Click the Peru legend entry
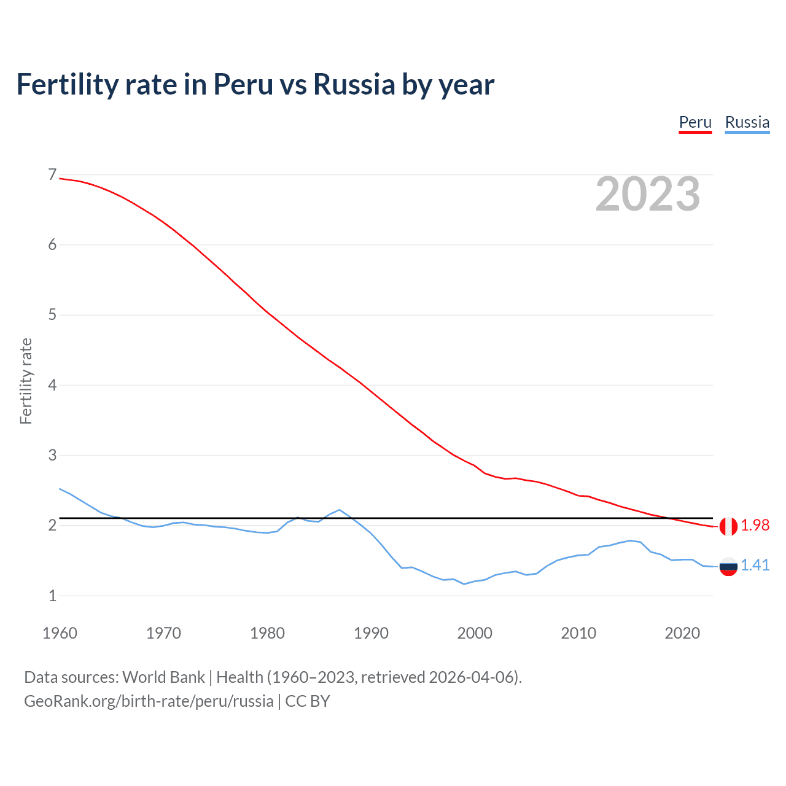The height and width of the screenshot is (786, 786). [695, 122]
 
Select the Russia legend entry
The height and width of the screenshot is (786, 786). [747, 122]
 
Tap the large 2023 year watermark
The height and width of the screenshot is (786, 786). [647, 194]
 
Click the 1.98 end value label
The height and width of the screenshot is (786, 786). [755, 526]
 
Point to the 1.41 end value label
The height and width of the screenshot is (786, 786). [755, 566]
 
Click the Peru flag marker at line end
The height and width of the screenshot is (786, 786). [728, 526]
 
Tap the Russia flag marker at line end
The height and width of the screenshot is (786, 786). [728, 566]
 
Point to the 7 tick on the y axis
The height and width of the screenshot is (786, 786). [52, 175]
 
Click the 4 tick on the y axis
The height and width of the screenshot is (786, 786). [52, 386]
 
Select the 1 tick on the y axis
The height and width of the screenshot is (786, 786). [52, 596]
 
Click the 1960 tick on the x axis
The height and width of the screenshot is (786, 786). [60, 633]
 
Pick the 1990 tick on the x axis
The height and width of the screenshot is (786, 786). [371, 633]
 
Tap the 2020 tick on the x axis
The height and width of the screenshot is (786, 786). [682, 633]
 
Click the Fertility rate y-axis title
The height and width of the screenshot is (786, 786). [26, 381]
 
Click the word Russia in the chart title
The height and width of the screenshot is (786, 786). [354, 85]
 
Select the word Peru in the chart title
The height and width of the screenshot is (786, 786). [243, 85]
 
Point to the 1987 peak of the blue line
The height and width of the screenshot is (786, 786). [340, 510]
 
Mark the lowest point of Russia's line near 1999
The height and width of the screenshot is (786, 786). [464, 584]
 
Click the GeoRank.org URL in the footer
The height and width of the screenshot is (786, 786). [149, 701]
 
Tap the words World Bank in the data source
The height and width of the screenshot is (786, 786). [163, 677]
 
